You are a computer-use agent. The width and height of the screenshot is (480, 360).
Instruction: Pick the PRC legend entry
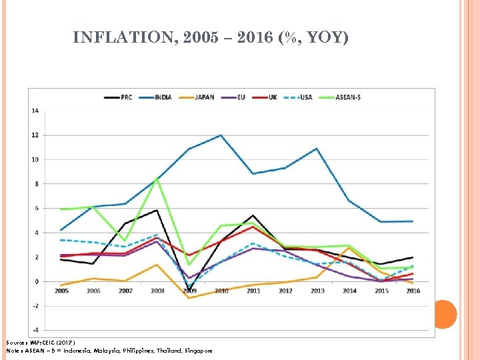[x=120, y=97]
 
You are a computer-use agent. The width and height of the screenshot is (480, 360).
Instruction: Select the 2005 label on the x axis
[x=61, y=291]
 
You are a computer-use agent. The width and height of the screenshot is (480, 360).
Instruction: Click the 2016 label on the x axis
[x=413, y=291]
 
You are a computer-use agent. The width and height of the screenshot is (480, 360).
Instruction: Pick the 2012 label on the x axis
[x=285, y=291]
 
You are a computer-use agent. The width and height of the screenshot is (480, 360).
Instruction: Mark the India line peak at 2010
[x=221, y=135]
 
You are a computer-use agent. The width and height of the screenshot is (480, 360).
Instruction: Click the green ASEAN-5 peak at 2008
[x=157, y=178]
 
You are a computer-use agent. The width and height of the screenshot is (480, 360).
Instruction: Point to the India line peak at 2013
[x=316, y=149]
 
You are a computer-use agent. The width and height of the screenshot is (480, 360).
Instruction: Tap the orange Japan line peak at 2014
[x=349, y=248]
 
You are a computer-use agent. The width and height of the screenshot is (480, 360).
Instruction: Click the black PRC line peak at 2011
[x=253, y=215]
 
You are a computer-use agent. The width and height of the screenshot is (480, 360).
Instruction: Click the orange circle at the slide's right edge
[x=445, y=314]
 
